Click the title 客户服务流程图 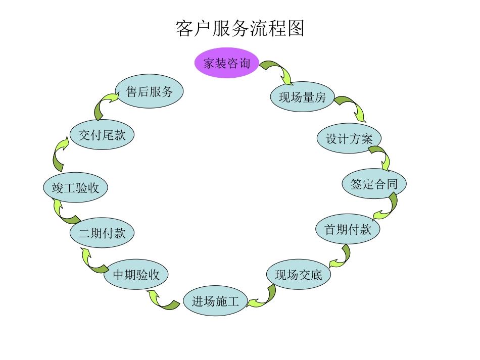click(240, 29)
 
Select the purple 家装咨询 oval click(227, 63)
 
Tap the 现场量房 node click(302, 97)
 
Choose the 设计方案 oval click(349, 139)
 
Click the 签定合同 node click(374, 184)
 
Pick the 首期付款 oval click(348, 229)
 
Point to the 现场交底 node click(298, 275)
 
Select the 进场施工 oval click(215, 301)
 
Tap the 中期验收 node click(135, 275)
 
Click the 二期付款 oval click(102, 233)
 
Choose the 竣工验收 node click(75, 188)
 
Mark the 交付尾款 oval click(102, 135)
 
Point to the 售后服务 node click(149, 91)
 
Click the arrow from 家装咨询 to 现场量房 click(277, 71)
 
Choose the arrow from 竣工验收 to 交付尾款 click(60, 155)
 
